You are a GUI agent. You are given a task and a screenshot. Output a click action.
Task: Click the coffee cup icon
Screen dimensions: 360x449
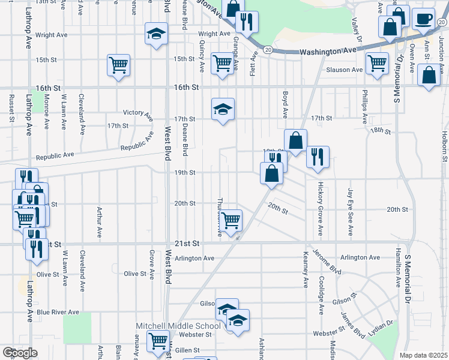(x=423, y=19)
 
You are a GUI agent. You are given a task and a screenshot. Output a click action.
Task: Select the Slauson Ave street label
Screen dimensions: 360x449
(x=345, y=70)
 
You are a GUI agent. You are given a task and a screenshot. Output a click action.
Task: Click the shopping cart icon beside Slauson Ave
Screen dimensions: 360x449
(x=377, y=62)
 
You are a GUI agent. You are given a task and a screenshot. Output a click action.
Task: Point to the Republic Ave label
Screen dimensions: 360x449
(x=55, y=155)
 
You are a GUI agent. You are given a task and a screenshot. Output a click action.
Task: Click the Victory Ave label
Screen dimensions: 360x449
(x=138, y=112)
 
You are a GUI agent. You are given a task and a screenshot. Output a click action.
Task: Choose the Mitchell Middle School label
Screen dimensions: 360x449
(x=178, y=326)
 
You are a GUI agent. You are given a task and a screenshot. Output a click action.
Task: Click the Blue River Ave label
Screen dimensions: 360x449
(x=58, y=312)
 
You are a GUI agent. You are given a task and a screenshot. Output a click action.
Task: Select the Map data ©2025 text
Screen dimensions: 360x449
(x=424, y=355)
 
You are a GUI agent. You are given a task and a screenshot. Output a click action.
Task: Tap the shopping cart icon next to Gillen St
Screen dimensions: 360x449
(x=158, y=341)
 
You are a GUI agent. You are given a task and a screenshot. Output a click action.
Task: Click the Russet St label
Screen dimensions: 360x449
(x=11, y=107)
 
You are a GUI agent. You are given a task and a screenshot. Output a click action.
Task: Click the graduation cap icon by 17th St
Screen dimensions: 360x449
(x=223, y=109)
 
